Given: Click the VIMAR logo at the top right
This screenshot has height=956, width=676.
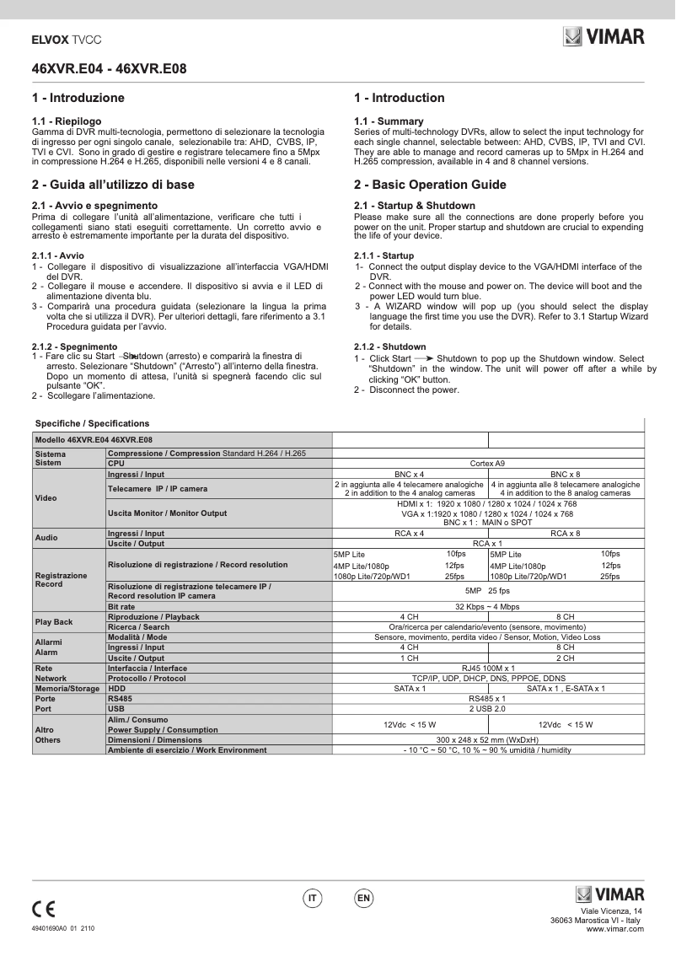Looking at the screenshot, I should (x=604, y=36).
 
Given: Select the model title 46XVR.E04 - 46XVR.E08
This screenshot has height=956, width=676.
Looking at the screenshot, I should (x=110, y=69).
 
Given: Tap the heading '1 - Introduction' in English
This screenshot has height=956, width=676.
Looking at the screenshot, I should (x=400, y=98).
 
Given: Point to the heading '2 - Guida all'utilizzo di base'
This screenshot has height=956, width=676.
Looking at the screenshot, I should (x=113, y=185).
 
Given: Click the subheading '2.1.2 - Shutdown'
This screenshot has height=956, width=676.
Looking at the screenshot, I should (x=390, y=346).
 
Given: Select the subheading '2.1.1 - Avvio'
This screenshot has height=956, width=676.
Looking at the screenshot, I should (x=58, y=255).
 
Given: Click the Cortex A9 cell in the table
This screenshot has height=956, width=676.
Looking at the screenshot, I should (x=488, y=463).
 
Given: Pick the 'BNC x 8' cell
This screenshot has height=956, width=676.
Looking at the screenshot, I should (x=565, y=474).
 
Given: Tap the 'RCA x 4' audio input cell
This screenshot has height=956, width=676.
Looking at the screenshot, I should (x=409, y=533).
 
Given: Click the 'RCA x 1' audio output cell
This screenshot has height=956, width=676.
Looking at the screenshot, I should (x=488, y=543).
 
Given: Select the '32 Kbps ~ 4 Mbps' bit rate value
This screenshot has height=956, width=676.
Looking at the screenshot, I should (x=488, y=606).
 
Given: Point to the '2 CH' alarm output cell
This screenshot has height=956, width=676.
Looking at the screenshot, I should (x=565, y=658).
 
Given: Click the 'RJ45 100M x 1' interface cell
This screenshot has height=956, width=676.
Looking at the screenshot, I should (x=488, y=668).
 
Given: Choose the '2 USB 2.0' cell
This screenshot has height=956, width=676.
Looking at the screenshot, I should (x=488, y=708).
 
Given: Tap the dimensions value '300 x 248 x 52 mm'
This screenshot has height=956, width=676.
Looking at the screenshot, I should (x=488, y=739).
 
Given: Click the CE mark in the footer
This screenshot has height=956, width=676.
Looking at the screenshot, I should (x=43, y=909).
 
